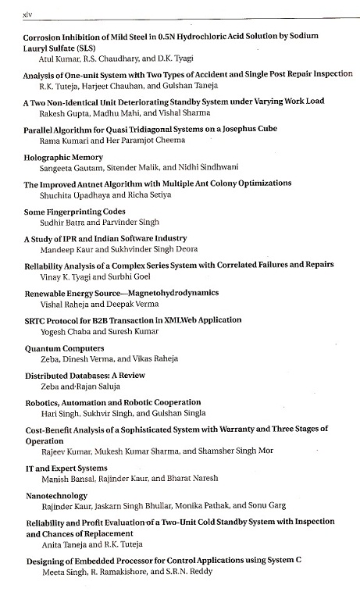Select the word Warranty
[x=244, y=430]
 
